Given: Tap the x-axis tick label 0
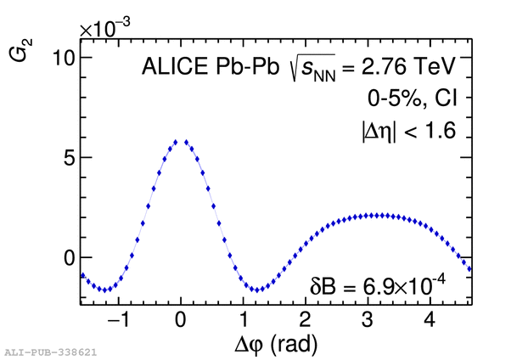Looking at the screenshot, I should pyautogui.click(x=180, y=321).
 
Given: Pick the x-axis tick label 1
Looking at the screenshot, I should pyautogui.click(x=243, y=321).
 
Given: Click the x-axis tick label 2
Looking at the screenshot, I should pyautogui.click(x=305, y=321).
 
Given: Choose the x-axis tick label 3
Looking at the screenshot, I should pyautogui.click(x=368, y=321).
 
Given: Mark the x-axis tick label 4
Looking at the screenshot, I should pyautogui.click(x=430, y=321).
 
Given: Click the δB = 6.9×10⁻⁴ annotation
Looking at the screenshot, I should pyautogui.click(x=378, y=282).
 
